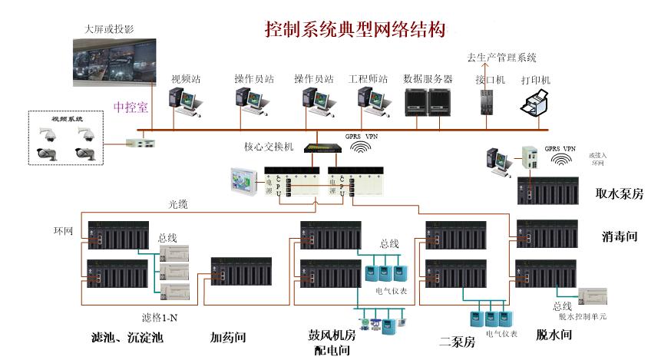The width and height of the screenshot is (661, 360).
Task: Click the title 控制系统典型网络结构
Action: (355, 29)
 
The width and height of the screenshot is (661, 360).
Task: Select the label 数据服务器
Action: (428, 79)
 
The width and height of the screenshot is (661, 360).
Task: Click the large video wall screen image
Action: (114, 65)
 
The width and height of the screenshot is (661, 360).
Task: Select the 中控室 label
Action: (131, 107)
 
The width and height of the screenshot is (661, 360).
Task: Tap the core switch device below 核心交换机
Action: (319, 149)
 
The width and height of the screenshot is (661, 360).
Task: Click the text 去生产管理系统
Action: (502, 58)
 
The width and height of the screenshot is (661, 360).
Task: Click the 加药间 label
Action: (228, 336)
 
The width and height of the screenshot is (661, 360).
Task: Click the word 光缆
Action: (178, 204)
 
